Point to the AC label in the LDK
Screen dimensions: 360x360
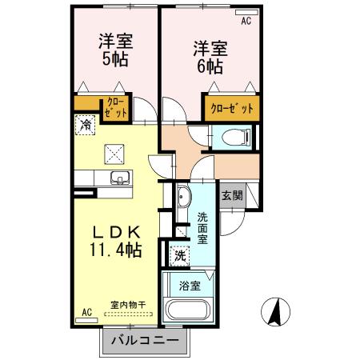pyautogui.click(x=87, y=312)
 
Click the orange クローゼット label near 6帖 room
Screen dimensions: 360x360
pyautogui.click(x=232, y=108)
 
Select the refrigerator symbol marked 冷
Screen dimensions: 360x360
pyautogui.click(x=86, y=126)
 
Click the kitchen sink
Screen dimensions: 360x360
pyautogui.click(x=118, y=177)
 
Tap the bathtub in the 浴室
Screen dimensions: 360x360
pyautogui.click(x=187, y=310)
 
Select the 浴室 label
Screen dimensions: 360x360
pyautogui.click(x=190, y=284)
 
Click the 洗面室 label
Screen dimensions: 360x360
pyautogui.click(x=203, y=227)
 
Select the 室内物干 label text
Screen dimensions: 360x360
pyautogui.click(x=127, y=305)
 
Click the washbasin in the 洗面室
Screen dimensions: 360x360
pyautogui.click(x=182, y=196)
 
